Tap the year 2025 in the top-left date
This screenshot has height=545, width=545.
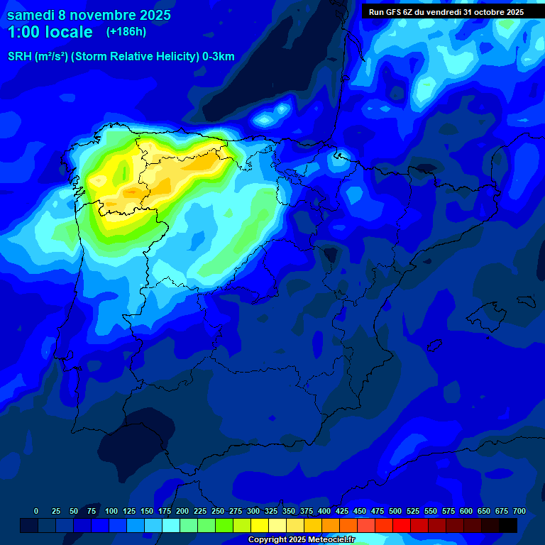[x=150, y=15]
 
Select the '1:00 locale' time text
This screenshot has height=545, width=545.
[x=50, y=33]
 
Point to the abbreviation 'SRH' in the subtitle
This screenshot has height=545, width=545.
[x=20, y=57]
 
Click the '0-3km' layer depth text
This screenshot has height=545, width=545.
[x=218, y=57]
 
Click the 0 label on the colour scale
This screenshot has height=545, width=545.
[x=36, y=511]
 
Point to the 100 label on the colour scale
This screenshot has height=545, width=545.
[x=111, y=511]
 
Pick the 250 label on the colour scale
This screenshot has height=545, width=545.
[x=218, y=511]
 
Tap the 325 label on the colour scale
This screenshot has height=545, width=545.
[x=271, y=511]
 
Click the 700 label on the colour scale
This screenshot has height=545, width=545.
[x=519, y=511]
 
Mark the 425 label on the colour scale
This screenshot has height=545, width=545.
[x=342, y=511]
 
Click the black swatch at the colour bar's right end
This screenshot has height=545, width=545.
[x=508, y=525]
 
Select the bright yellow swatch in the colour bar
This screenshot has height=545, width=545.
[x=260, y=525]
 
